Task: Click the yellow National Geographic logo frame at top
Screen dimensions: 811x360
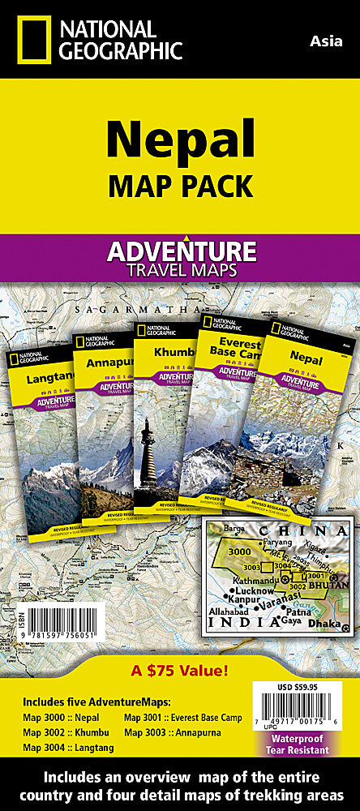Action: (33, 38)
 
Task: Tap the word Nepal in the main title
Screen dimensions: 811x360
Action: (180, 139)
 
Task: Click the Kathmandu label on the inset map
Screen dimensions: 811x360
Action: (236, 580)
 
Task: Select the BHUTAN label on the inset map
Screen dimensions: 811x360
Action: (332, 586)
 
